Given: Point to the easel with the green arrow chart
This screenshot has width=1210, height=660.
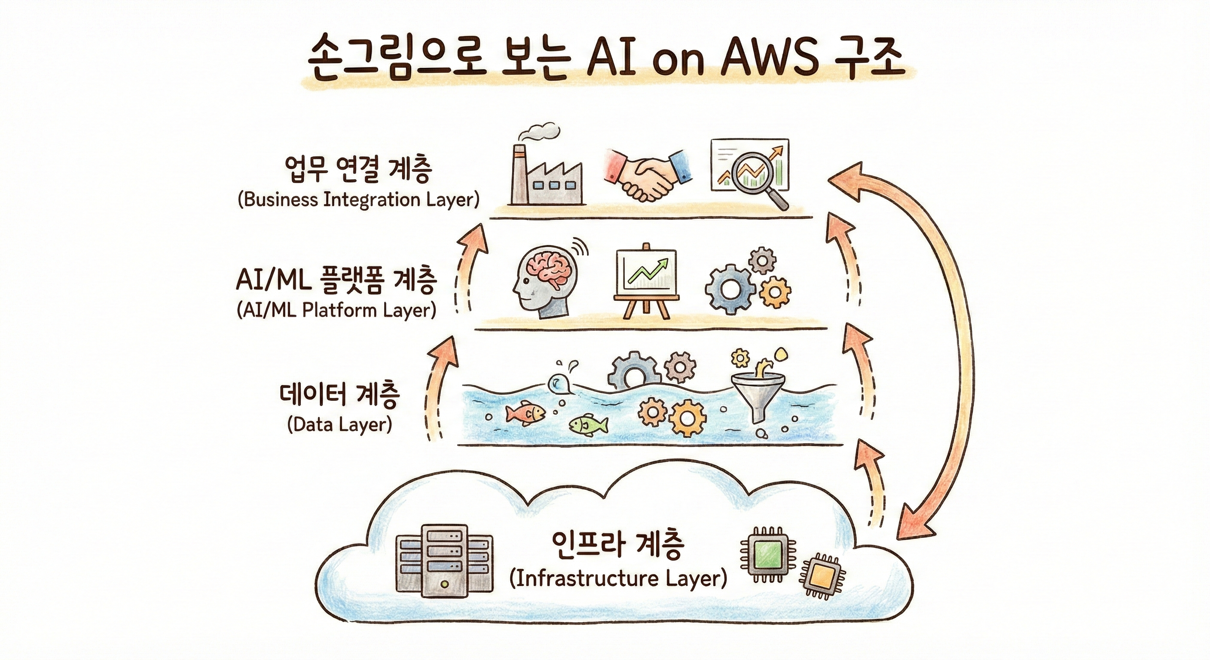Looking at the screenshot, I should tap(646, 282).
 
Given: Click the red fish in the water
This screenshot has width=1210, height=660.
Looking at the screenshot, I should tap(525, 413).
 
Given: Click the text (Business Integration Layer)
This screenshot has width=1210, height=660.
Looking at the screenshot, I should tap(359, 200).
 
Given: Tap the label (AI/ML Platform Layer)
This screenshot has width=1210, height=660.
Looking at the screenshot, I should tap(336, 311).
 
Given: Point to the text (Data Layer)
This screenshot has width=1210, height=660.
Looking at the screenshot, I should tap(339, 425).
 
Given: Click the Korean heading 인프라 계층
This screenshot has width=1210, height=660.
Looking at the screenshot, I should tap(618, 545).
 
